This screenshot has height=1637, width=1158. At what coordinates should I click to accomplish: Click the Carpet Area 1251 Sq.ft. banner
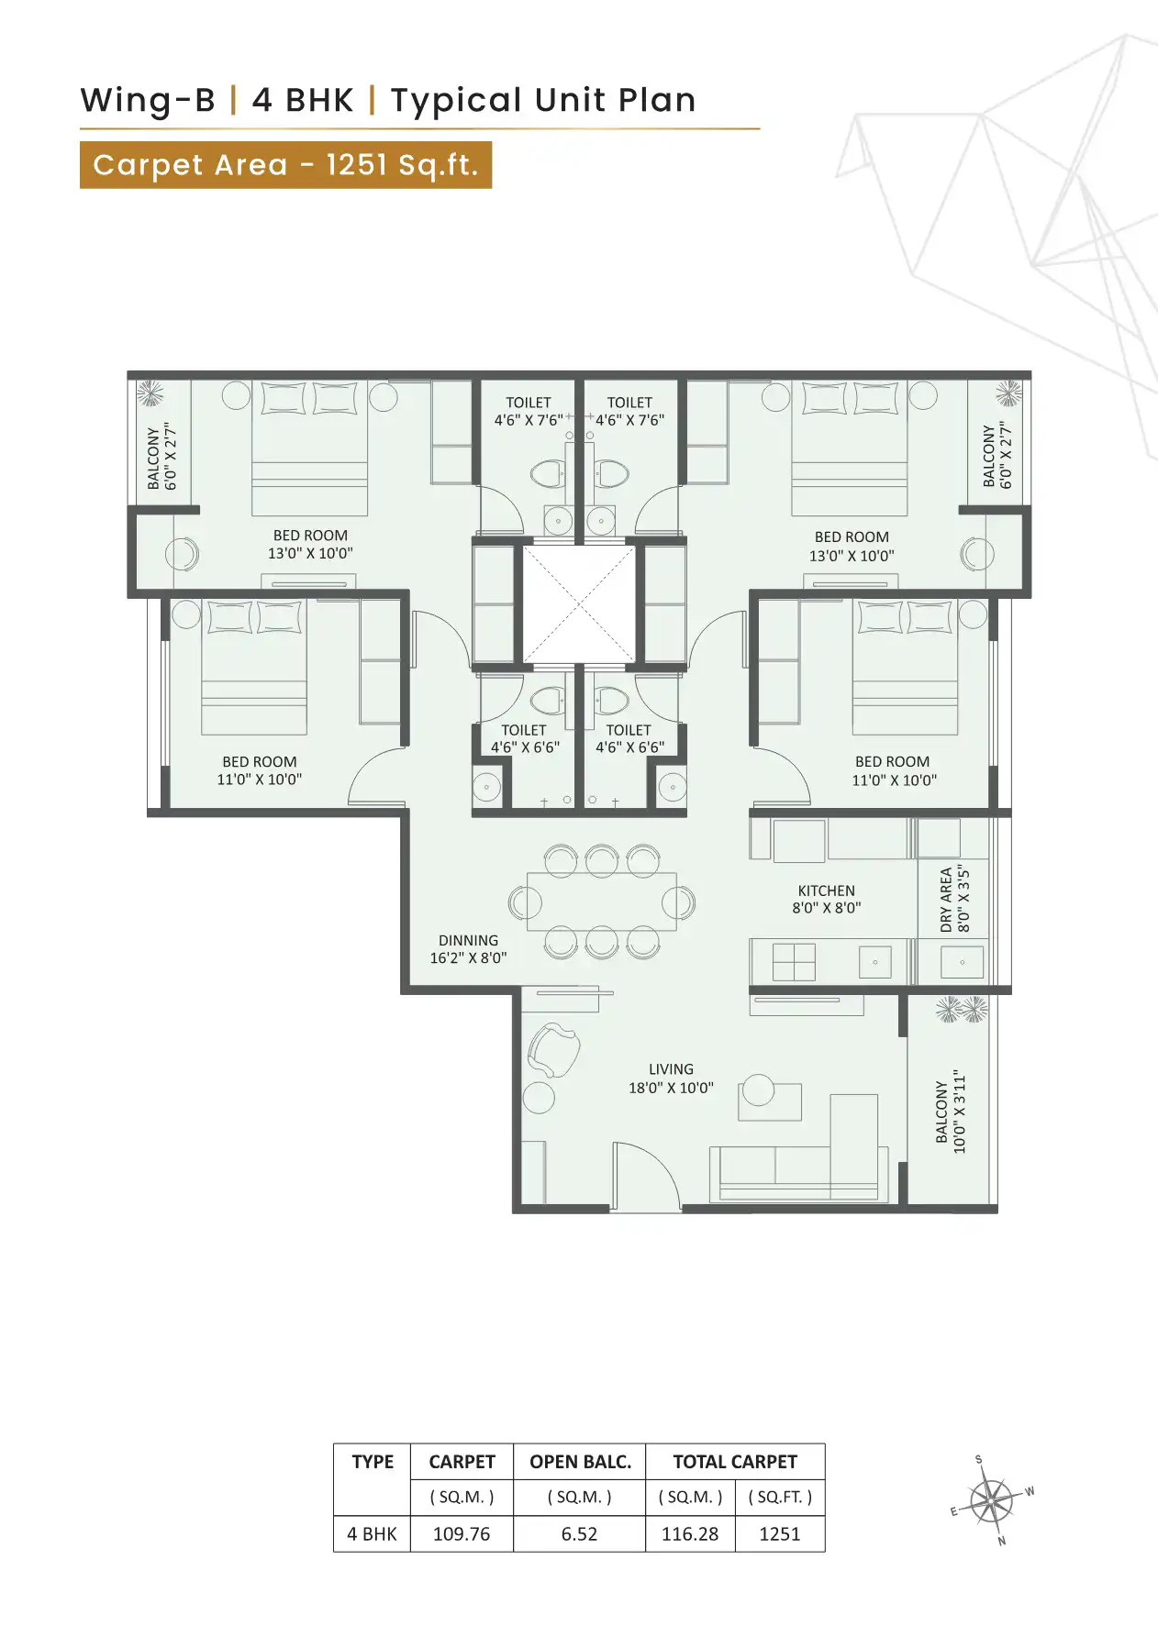285,165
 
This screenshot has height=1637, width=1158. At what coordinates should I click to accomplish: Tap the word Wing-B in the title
148,100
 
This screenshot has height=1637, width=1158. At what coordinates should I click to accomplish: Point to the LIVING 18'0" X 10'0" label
671,1078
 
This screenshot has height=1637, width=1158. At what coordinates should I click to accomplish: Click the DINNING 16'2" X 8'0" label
468,949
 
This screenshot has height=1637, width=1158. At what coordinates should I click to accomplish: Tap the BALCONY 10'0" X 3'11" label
951,1111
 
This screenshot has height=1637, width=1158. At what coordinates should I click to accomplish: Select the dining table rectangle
602,902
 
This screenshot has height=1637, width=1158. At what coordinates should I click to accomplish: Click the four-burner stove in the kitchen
794,962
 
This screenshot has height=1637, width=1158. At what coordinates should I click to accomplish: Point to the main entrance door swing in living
645,1175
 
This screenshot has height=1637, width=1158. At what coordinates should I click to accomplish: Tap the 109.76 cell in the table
461,1533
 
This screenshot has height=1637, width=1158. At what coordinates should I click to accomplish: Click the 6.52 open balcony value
579,1533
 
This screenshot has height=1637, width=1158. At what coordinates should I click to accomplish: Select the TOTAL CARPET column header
734,1462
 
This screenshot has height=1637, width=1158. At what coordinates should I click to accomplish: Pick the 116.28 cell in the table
690,1533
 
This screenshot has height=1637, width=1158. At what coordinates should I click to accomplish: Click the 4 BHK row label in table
372,1533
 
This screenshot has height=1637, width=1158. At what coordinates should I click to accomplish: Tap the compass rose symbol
991,1502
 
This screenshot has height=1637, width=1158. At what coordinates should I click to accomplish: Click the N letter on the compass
1002,1541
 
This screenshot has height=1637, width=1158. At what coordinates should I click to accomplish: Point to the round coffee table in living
759,1089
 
